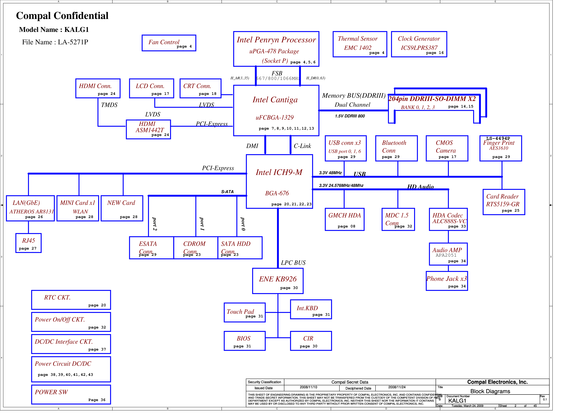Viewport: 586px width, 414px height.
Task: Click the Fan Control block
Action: [x=169, y=43]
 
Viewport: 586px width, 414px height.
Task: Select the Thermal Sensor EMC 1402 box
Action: [x=360, y=44]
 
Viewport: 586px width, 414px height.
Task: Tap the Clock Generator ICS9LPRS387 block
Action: [x=419, y=44]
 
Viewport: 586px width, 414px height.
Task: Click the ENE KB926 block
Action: [x=278, y=281]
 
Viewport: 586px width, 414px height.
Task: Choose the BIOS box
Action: [x=245, y=341]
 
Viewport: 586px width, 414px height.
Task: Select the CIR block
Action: [x=311, y=341]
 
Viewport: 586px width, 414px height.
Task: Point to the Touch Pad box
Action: [x=245, y=312]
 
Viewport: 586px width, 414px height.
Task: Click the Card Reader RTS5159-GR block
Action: [x=504, y=202]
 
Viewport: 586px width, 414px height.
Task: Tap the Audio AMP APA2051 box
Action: [x=448, y=254]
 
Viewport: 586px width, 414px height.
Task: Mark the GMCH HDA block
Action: [x=345, y=219]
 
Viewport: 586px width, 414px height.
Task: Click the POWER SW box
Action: [x=71, y=395]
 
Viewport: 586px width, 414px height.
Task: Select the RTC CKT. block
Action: [x=71, y=300]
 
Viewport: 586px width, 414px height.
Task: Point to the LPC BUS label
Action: [x=293, y=263]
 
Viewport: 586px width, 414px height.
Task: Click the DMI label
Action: [x=252, y=146]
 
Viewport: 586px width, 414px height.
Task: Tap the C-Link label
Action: [x=303, y=146]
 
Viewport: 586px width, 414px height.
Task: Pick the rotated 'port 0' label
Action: [x=243, y=224]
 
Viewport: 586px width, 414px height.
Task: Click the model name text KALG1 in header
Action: [x=77, y=30]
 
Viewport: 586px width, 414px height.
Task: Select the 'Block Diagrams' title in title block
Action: [x=490, y=391]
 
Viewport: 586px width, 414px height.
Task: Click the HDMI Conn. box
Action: [x=98, y=88]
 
